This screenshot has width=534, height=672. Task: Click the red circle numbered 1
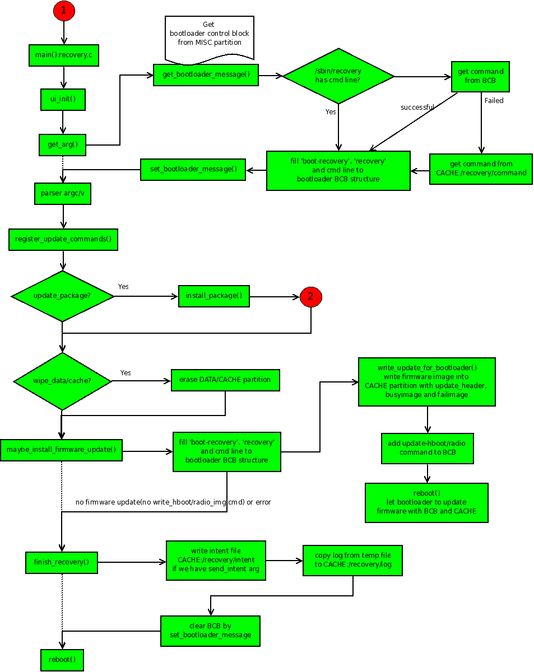(64, 10)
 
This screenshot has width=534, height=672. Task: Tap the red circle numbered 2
(311, 297)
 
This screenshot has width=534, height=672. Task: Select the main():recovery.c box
(64, 55)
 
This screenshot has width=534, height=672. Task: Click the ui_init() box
(63, 99)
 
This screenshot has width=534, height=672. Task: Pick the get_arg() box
(62, 144)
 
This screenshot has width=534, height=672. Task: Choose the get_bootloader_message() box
(206, 74)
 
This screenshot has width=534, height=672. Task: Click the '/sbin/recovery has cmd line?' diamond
(338, 76)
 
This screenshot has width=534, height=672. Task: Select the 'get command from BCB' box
(480, 76)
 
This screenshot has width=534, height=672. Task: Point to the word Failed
(494, 101)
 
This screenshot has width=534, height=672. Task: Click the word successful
(417, 107)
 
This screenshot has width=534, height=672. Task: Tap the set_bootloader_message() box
(193, 169)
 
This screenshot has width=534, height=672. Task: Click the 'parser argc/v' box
(63, 194)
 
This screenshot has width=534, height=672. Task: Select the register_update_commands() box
(63, 239)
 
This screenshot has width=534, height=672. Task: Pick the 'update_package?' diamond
(63, 296)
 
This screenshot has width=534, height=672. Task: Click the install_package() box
(213, 296)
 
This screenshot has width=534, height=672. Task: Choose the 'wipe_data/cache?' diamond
(62, 381)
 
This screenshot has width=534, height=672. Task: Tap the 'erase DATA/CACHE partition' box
(225, 380)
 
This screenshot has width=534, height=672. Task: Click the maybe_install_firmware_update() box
(61, 449)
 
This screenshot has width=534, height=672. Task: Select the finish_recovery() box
(62, 562)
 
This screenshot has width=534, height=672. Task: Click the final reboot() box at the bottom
(62, 660)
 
